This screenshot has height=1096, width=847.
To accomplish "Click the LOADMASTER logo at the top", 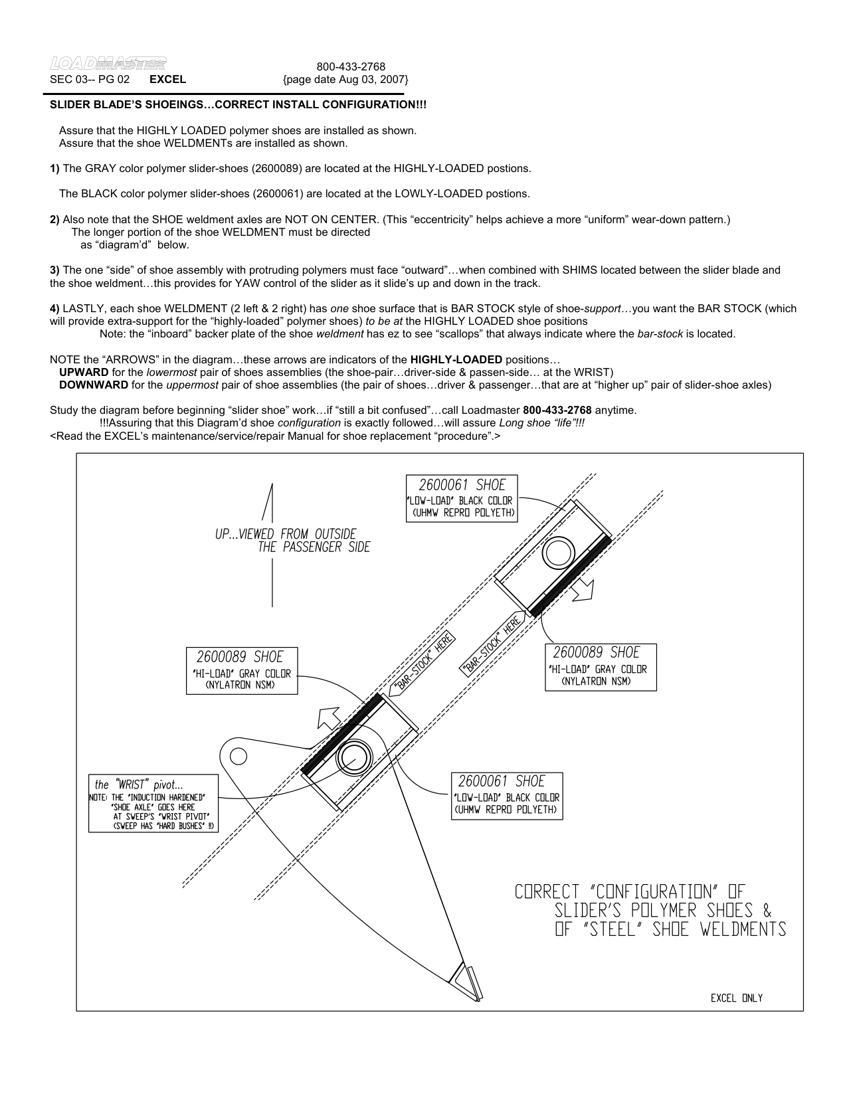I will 108,64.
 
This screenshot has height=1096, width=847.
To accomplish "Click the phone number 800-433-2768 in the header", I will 351,66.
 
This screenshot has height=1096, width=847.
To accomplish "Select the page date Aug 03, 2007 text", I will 345,80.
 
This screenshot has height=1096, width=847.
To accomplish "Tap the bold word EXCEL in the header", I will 167,80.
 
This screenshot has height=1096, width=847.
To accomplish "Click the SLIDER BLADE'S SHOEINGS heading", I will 238,105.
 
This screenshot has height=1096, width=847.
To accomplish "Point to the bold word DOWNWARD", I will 94,385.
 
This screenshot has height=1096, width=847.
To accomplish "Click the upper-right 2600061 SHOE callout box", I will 462,499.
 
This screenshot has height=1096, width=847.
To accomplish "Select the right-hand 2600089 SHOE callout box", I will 600,667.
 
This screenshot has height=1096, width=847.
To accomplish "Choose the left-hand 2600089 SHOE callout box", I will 242,671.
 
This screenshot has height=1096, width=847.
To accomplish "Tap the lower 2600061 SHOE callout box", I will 507,795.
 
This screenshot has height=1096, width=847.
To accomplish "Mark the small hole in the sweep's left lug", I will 237,756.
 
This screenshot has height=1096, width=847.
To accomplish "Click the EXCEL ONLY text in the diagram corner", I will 736,998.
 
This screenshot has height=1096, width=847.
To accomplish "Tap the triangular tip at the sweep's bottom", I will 467,981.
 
